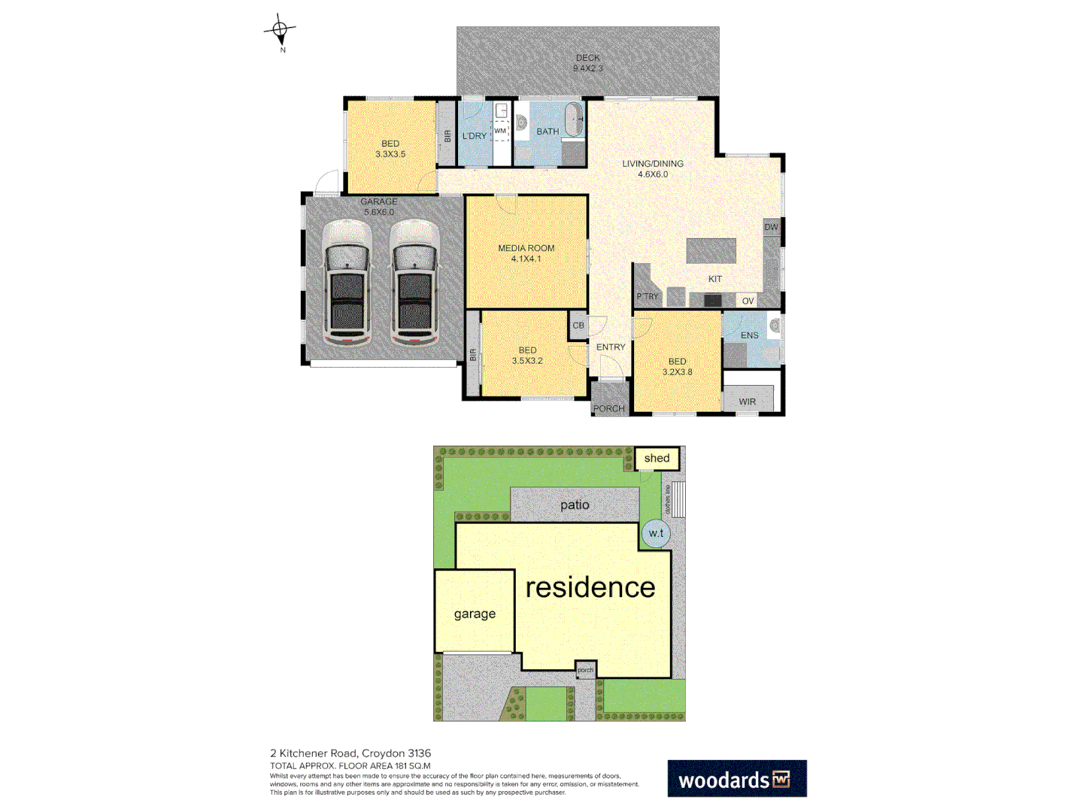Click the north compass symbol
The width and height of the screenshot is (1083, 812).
(280, 31)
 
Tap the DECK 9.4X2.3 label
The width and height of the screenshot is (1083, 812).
(588, 63)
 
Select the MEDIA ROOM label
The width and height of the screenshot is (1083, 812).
(526, 253)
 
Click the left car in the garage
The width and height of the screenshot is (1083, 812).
(347, 283)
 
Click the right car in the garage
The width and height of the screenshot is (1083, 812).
(414, 283)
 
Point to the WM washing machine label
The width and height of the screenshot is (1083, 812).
(501, 131)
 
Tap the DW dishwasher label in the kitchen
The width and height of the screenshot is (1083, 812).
(771, 227)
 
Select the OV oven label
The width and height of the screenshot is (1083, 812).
(748, 301)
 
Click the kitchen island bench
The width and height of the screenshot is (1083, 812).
(711, 250)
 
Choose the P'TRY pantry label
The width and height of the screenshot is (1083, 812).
(647, 296)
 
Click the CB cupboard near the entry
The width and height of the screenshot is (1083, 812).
(578, 326)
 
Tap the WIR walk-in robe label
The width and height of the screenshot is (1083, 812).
(747, 401)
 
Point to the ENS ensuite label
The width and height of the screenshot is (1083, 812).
(749, 335)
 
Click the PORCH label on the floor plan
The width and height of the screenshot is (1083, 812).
(608, 408)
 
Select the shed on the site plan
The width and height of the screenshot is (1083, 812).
(657, 458)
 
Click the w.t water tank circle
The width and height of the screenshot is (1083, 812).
(656, 533)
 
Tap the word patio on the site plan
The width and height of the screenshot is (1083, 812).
(575, 505)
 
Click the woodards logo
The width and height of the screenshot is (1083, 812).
(736, 779)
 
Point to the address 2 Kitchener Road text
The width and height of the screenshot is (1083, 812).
(350, 753)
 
